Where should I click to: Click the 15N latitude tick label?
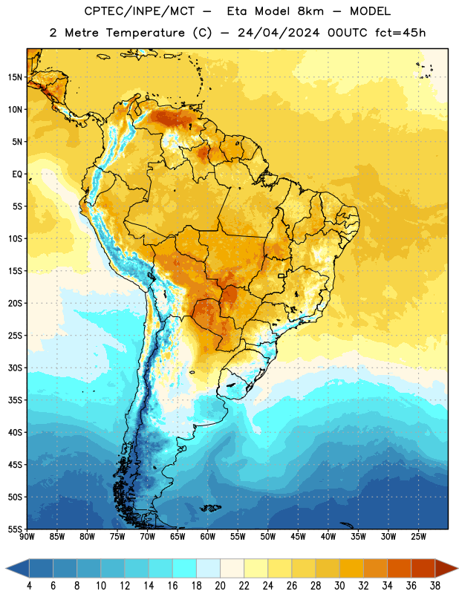point(15,77)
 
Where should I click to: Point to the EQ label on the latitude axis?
point(17,174)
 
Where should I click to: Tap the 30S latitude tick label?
point(15,368)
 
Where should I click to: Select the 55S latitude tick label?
point(15,529)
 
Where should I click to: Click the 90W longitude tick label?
point(27,537)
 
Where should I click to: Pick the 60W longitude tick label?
point(208,537)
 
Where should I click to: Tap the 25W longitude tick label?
point(418,537)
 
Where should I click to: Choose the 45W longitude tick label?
point(298,537)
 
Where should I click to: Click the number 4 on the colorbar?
point(29,586)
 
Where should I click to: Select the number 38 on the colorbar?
point(435,586)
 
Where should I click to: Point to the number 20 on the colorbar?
point(220,586)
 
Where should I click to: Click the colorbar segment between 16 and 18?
point(184,569)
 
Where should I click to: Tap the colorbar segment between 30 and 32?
point(351,569)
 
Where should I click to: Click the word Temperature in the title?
point(145,33)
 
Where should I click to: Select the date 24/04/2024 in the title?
point(279,33)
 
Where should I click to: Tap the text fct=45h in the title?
point(400,33)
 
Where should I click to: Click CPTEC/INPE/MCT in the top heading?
point(139,11)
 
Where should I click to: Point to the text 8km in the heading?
point(310,11)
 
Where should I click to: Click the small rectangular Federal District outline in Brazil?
point(281,275)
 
